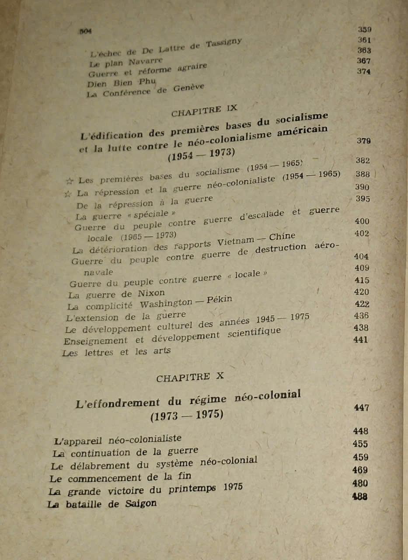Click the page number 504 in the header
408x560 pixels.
click(x=85, y=31)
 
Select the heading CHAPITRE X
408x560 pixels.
click(x=190, y=377)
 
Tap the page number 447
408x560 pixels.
click(x=362, y=408)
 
